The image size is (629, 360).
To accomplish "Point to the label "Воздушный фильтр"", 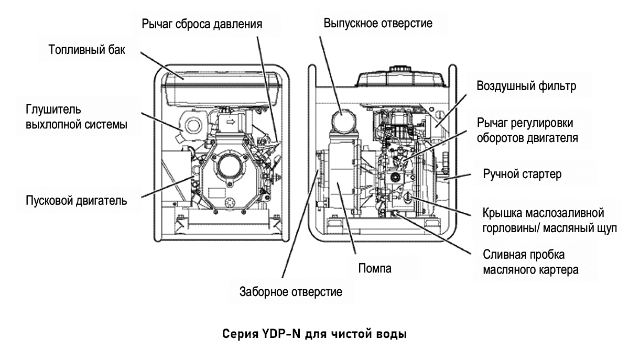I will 525,87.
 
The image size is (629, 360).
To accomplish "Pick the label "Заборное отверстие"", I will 291,292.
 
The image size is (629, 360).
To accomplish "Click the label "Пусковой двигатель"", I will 76,200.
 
